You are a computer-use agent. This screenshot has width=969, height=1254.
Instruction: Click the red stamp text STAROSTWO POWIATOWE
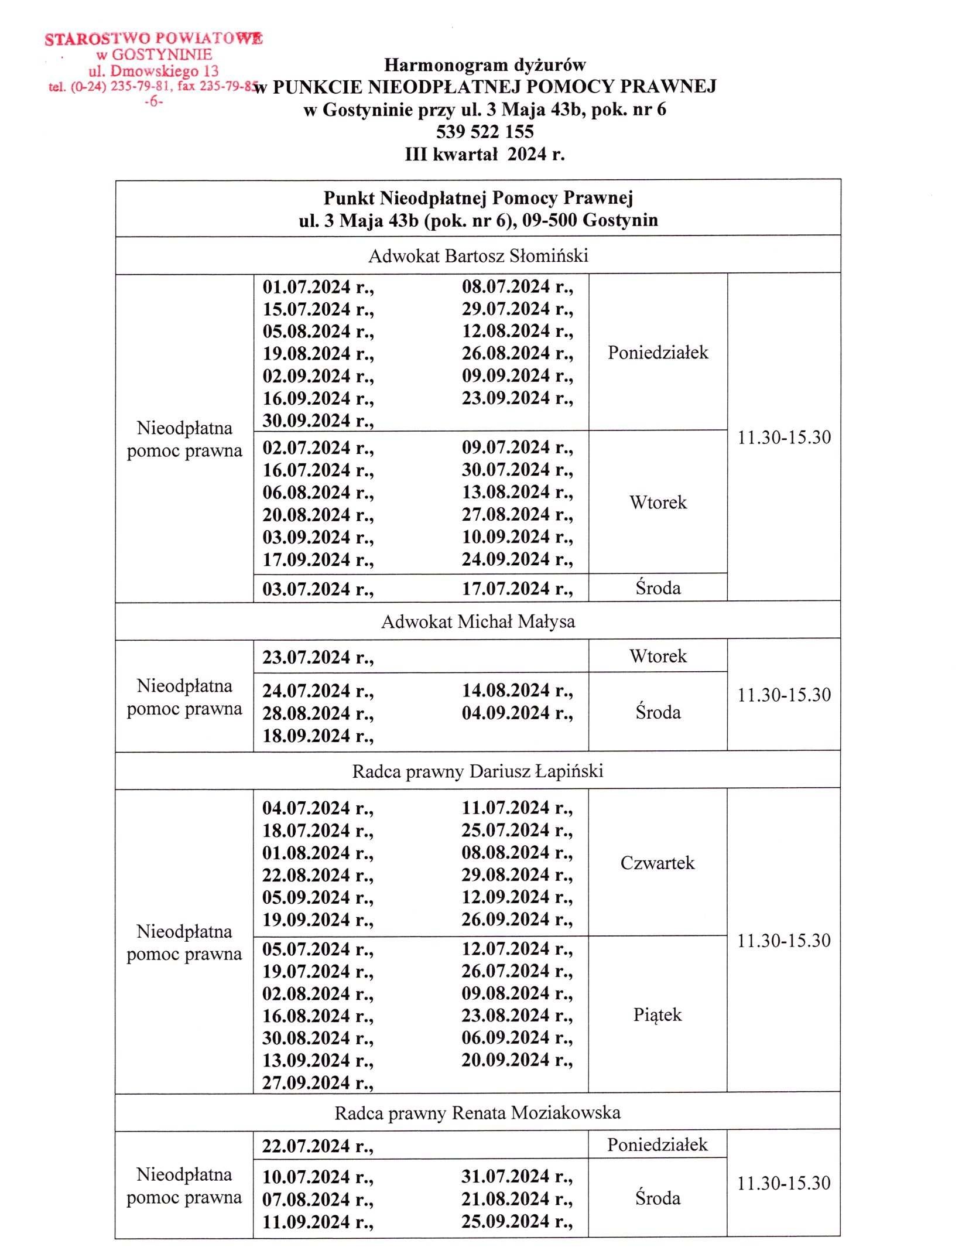click(153, 39)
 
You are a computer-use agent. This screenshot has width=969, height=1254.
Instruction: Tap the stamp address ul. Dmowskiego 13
click(153, 71)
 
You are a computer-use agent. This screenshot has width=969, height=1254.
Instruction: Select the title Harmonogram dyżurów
click(484, 64)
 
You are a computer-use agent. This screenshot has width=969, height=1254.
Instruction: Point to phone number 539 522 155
click(484, 131)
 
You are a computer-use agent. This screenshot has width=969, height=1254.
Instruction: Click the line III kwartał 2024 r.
click(484, 154)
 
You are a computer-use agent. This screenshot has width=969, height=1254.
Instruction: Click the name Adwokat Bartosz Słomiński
click(478, 256)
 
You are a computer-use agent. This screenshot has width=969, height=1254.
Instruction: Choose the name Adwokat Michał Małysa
click(478, 621)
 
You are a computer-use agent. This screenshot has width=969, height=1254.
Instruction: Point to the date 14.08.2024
click(506, 691)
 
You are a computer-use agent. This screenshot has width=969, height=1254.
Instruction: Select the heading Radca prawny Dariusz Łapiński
click(477, 771)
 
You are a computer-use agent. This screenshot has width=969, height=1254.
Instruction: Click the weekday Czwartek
click(658, 863)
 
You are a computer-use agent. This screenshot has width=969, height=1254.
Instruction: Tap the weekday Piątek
click(658, 1015)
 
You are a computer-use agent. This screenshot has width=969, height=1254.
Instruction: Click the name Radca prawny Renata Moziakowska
click(477, 1113)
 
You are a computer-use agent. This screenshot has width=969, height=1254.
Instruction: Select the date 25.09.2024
click(506, 1222)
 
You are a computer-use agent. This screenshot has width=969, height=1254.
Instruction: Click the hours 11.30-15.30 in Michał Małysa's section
click(783, 695)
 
